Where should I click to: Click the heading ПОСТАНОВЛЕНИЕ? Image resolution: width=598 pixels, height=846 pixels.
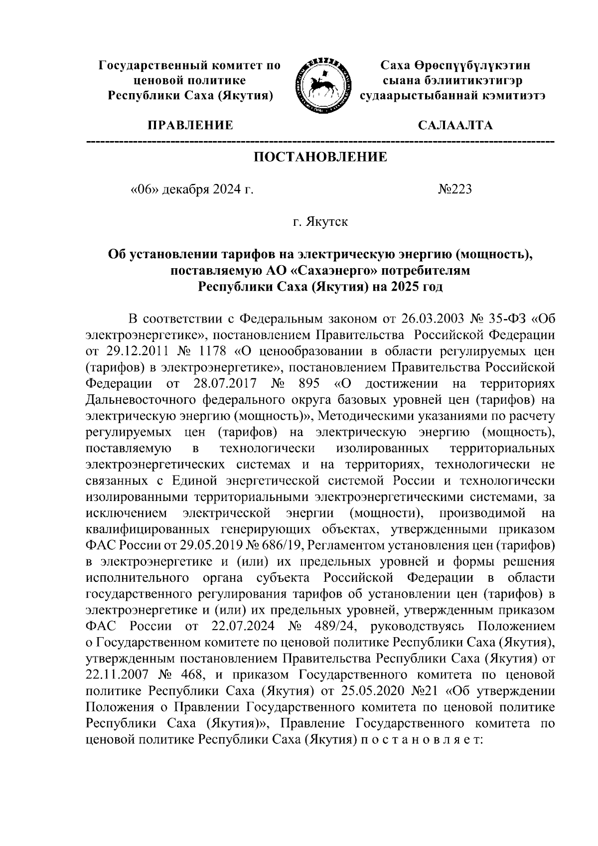[x=320, y=158]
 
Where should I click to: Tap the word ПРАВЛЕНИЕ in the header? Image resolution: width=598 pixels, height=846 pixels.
[x=189, y=125]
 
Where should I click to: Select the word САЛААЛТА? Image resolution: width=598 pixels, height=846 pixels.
[x=455, y=125]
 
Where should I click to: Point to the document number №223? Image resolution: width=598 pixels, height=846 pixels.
[x=454, y=190]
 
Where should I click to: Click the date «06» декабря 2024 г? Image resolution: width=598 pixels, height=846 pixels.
[x=191, y=190]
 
